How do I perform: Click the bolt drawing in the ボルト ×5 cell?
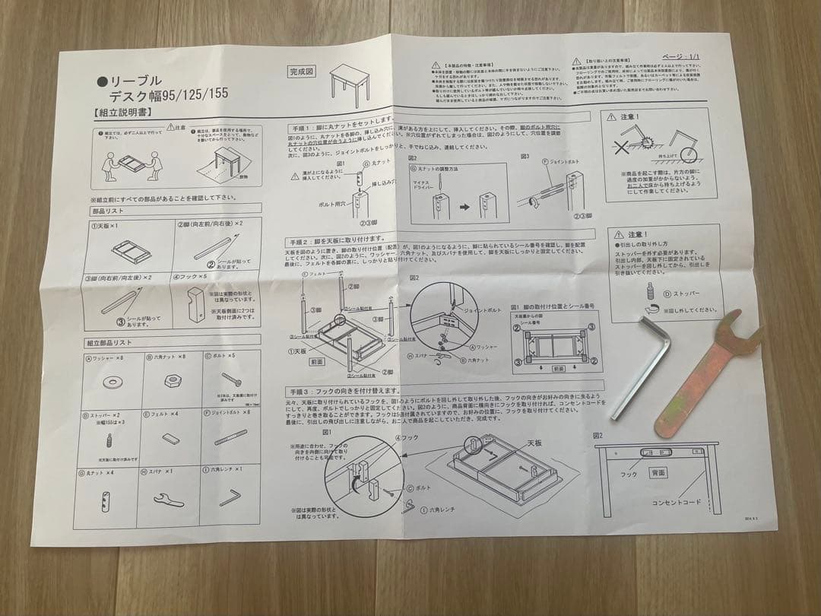(x=233, y=376)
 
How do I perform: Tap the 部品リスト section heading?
(x=108, y=211)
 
